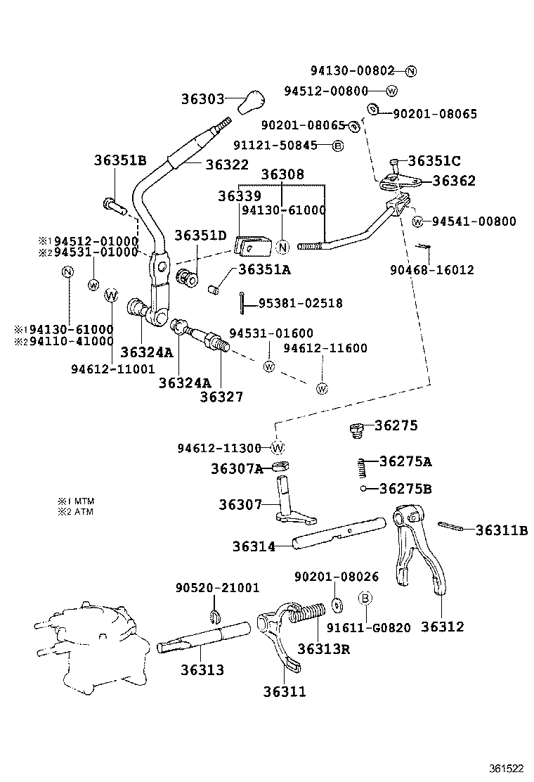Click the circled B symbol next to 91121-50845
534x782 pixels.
click(337, 146)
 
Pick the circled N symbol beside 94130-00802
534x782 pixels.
click(411, 71)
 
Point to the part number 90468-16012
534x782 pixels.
click(432, 269)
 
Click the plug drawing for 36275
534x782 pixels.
click(356, 429)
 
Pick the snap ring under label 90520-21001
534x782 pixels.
click(217, 617)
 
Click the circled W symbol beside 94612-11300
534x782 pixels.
click(278, 448)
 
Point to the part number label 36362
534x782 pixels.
click(453, 181)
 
